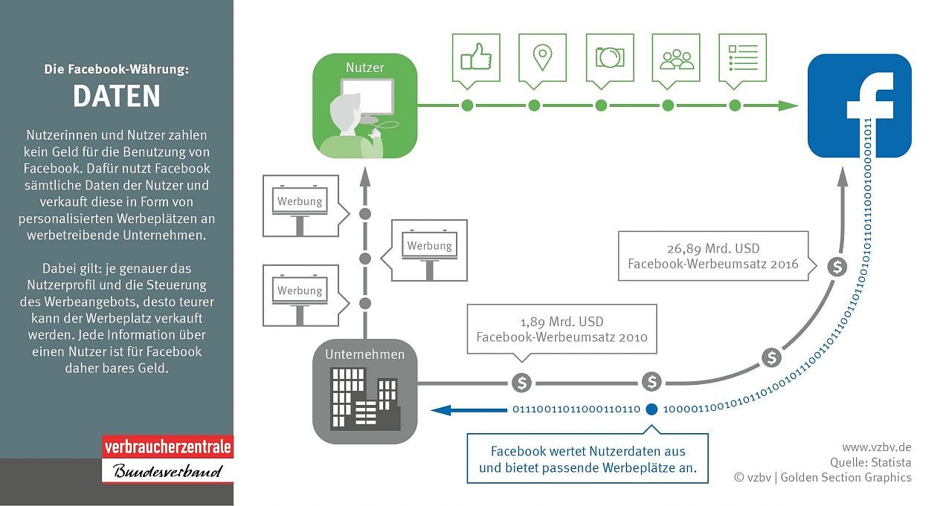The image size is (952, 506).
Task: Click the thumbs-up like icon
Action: (x=475, y=57)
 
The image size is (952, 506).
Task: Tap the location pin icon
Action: (x=542, y=57)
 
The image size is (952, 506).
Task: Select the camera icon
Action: (x=610, y=57)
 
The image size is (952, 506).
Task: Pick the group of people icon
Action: (x=676, y=57)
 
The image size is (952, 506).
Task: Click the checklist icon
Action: (x=742, y=57)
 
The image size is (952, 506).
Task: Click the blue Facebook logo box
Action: (x=859, y=106)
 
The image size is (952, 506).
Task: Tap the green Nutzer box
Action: (x=364, y=106)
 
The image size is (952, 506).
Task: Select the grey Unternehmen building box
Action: (x=364, y=392)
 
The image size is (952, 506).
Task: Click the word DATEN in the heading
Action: (x=117, y=97)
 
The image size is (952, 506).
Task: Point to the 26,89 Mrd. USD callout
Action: (x=713, y=256)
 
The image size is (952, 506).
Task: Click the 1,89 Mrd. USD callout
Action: (x=562, y=329)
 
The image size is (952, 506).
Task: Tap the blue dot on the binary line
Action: (x=652, y=409)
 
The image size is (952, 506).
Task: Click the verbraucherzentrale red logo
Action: (x=167, y=448)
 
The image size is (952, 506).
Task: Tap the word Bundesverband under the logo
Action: (x=167, y=471)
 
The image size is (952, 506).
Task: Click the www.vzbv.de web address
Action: (x=876, y=447)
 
